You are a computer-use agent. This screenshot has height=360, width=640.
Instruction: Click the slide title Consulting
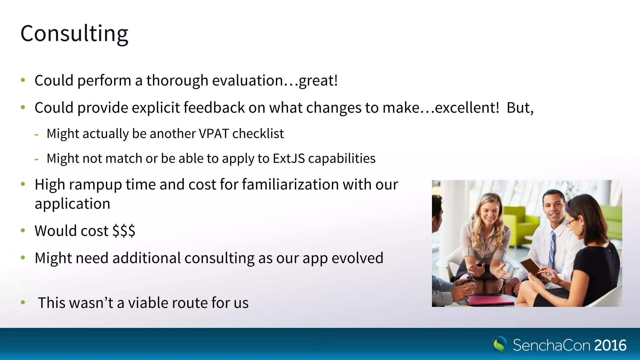[74, 33]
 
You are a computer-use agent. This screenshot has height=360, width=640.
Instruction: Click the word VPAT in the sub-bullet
[214, 134]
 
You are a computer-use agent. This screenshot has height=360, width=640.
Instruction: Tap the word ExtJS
[289, 158]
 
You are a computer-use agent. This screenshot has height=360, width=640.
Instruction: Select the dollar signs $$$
[124, 231]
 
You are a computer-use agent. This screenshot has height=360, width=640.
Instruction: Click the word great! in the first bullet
[318, 81]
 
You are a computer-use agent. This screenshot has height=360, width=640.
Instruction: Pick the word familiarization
[290, 184]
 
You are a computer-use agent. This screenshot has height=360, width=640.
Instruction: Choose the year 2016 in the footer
[610, 345]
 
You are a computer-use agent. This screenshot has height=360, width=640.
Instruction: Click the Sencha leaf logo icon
[499, 345]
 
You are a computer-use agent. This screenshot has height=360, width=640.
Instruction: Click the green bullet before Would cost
[23, 231]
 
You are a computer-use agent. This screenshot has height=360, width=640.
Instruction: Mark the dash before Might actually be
[37, 135]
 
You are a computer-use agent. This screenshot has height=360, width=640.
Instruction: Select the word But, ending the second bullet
[520, 108]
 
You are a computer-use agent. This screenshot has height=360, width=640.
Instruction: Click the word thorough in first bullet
[177, 81]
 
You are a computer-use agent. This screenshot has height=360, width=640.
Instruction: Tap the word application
[72, 204]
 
